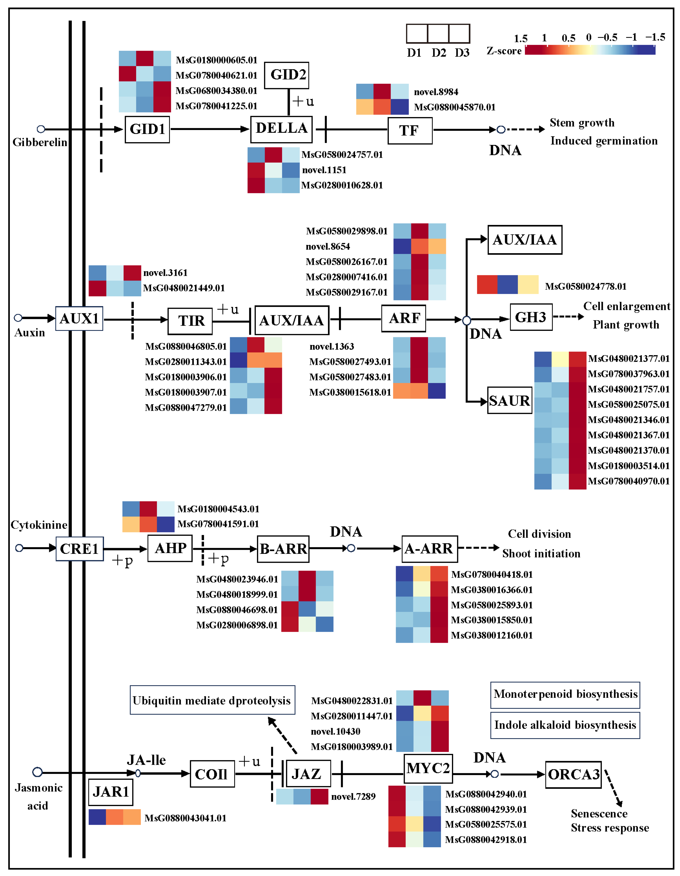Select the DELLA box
tap(281, 129)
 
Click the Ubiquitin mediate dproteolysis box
tap(212, 700)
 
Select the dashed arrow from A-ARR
tap(479, 547)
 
